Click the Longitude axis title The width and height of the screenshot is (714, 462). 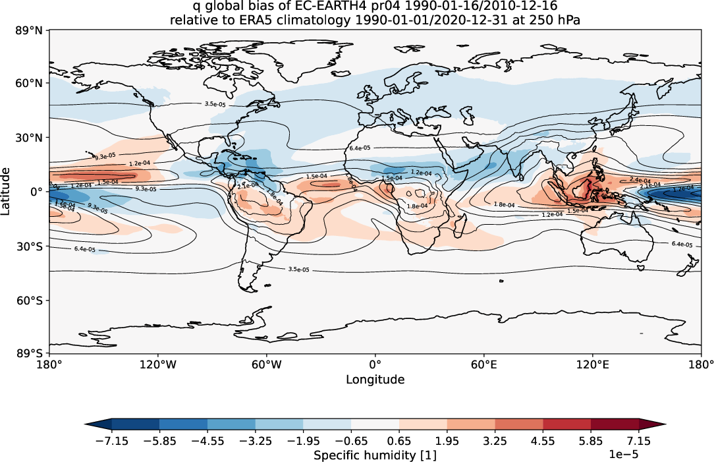375,380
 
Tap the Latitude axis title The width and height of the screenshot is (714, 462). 7,191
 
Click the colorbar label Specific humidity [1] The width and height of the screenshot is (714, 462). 375,455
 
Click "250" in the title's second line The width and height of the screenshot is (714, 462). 532,20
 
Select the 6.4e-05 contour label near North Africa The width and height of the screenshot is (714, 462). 360,148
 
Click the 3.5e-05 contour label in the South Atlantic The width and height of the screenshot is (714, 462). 298,270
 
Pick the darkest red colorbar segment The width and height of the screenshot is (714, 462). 615,424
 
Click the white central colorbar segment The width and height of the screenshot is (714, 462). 375,424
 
